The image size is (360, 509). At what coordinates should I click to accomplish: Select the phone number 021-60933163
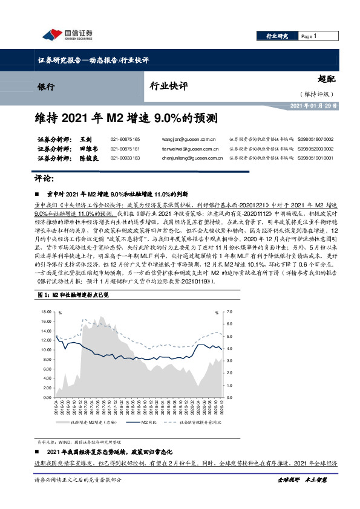pyautogui.click(x=125, y=158)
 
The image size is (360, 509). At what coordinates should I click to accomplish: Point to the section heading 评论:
pyautogui.click(x=42, y=179)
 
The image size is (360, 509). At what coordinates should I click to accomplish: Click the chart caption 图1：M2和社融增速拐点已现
pyautogui.click(x=72, y=294)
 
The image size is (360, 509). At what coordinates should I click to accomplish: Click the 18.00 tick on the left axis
pyautogui.click(x=47, y=312)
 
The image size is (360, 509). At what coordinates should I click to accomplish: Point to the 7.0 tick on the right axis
pyautogui.click(x=228, y=312)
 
